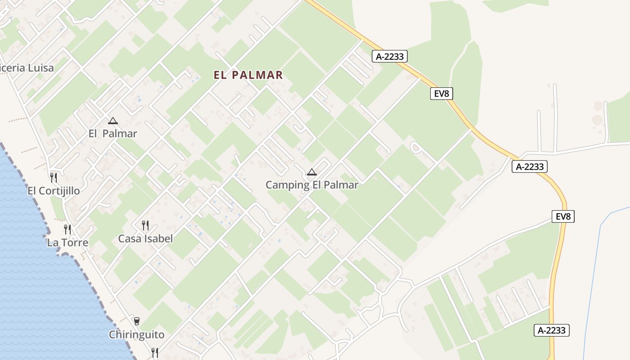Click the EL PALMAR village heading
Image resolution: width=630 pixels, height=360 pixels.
pyautogui.click(x=248, y=75)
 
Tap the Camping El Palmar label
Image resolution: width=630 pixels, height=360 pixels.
pyautogui.click(x=312, y=185)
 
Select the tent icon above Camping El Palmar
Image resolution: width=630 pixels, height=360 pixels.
pyautogui.click(x=312, y=172)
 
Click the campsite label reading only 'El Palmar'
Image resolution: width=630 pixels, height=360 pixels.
pyautogui.click(x=112, y=134)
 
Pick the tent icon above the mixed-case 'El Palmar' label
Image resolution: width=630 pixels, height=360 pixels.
pyautogui.click(x=112, y=121)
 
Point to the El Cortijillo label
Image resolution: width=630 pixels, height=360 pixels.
pyautogui.click(x=54, y=191)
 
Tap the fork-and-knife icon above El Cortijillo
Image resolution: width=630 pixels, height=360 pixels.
pyautogui.click(x=54, y=177)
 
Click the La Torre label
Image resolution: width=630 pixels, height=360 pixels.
pyautogui.click(x=67, y=243)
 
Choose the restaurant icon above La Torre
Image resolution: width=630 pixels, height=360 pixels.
pyautogui.click(x=67, y=229)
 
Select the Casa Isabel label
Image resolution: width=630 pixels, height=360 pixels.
pyautogui.click(x=145, y=238)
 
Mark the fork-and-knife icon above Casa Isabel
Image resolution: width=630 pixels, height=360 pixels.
pyautogui.click(x=145, y=225)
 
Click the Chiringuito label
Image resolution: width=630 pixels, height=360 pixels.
pyautogui.click(x=137, y=335)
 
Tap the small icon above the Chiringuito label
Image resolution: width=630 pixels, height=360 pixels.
pyautogui.click(x=137, y=321)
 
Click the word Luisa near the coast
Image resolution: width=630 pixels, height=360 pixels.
pyautogui.click(x=40, y=68)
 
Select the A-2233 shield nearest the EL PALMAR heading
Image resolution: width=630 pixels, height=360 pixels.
pyautogui.click(x=390, y=56)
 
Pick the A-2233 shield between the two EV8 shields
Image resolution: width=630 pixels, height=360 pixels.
pyautogui.click(x=530, y=166)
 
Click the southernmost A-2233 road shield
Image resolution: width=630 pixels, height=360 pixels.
pyautogui.click(x=552, y=330)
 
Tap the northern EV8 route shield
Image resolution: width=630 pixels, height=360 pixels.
pyautogui.click(x=441, y=94)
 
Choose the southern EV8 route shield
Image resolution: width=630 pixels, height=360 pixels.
pyautogui.click(x=563, y=216)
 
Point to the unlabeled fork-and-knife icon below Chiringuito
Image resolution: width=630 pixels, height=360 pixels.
pyautogui.click(x=155, y=352)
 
